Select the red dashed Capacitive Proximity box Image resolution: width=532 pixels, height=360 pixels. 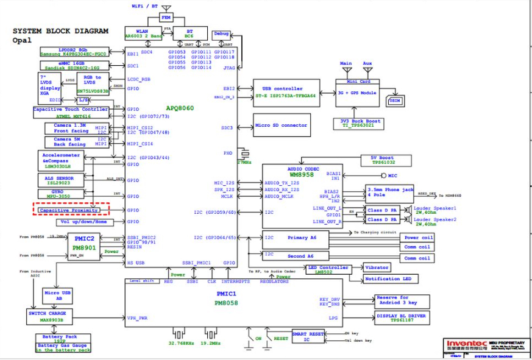point(70,210)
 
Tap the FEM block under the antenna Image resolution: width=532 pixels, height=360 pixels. point(166,18)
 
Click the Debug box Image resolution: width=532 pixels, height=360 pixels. point(221,34)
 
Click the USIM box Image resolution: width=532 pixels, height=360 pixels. point(394,101)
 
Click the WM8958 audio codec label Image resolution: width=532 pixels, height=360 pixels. point(294,174)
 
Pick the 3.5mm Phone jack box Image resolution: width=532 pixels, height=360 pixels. point(390,192)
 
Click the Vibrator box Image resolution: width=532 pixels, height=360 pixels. point(376,267)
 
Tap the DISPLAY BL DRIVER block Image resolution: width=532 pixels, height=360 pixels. point(402,317)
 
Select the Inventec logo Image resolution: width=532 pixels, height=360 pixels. point(468,344)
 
